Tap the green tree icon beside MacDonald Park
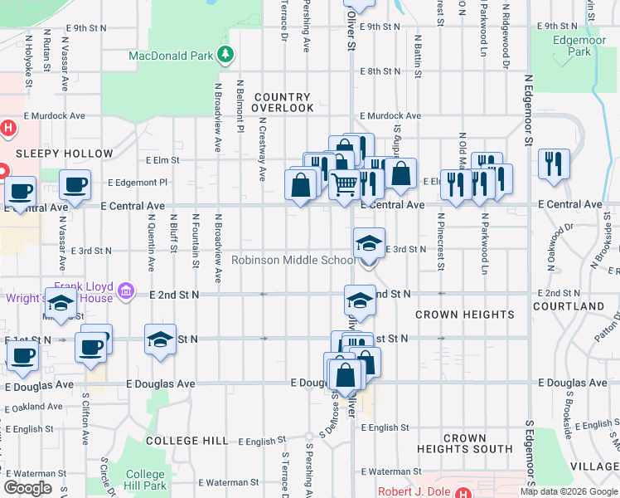pyautogui.click(x=225, y=56)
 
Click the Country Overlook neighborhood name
pyautogui.click(x=283, y=103)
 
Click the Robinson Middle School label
pyautogui.click(x=293, y=260)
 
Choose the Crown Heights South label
pyautogui.click(x=465, y=443)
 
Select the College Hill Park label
pyautogui.click(x=146, y=480)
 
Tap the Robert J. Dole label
pyautogui.click(x=417, y=491)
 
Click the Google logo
pyautogui.click(x=27, y=488)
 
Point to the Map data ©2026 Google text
pyautogui.click(x=568, y=491)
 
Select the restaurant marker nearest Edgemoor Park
pyautogui.click(x=552, y=164)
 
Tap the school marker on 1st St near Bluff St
pyautogui.click(x=160, y=339)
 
